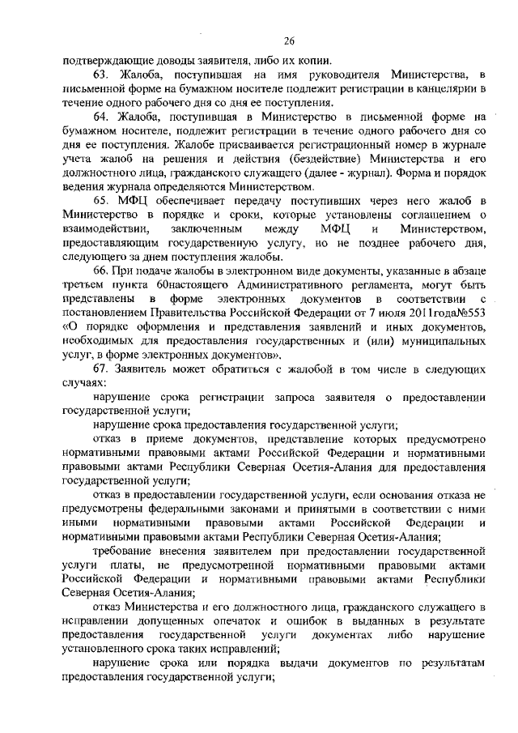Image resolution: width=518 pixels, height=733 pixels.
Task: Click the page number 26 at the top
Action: point(288,41)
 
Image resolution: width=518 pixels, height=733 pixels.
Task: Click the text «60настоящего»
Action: point(176,286)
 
